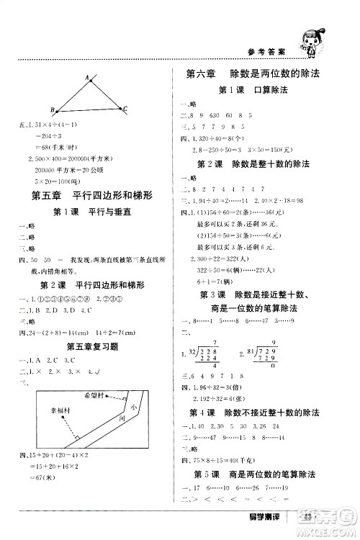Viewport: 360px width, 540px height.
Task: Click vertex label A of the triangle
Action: [x=86, y=76]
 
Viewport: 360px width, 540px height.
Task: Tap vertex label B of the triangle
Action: [x=53, y=109]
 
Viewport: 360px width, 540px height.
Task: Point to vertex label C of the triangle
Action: [x=125, y=109]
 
